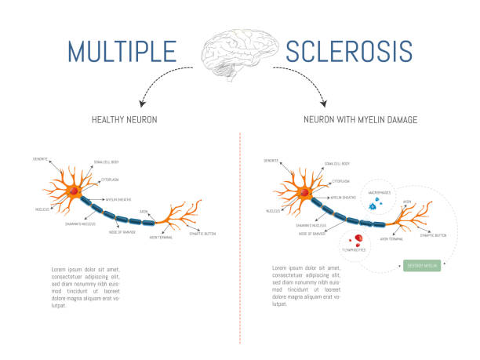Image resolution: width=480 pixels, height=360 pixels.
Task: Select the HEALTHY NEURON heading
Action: pos(125,119)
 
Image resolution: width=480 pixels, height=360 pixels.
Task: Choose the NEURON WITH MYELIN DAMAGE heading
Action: pos(359,119)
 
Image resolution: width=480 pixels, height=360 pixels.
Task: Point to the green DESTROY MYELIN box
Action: pos(423,266)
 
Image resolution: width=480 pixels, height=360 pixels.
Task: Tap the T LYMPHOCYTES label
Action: pos(355,251)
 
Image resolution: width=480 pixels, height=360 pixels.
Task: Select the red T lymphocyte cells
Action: pos(356,238)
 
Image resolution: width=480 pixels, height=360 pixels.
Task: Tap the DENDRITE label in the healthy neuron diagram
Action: pos(41,159)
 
